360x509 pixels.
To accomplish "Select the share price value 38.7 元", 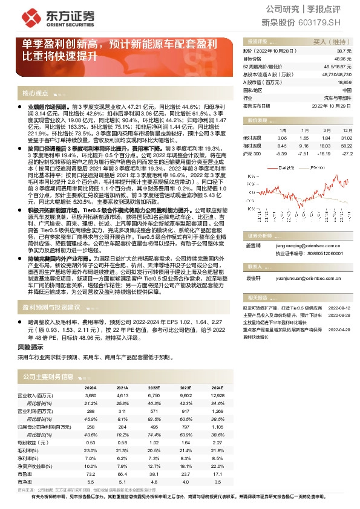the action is coord(345,52).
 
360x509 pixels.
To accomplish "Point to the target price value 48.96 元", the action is coord(344,59).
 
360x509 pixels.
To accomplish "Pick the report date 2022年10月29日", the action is coord(331,105).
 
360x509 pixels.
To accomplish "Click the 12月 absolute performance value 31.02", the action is coord(346,138).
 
